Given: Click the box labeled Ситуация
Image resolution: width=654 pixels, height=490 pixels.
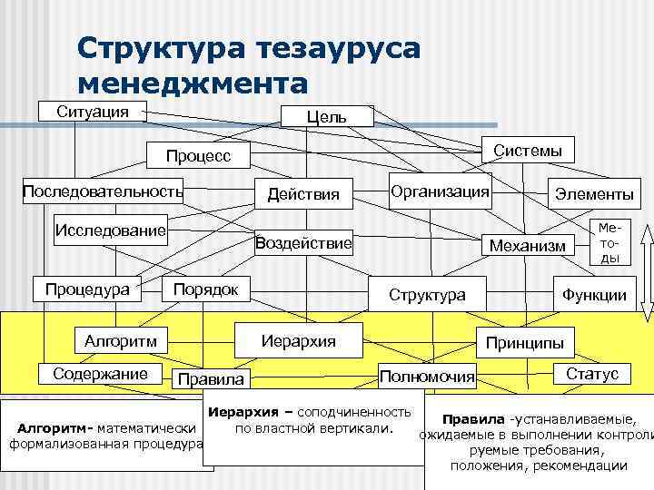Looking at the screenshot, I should point(93,112).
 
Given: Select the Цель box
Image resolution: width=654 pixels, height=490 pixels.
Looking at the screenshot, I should point(326,116).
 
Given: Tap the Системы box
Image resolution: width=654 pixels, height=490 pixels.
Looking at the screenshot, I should point(527,150).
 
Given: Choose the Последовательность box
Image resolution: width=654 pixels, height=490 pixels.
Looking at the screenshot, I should point(103,192).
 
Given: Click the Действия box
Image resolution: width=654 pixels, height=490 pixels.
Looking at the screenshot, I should point(303,193).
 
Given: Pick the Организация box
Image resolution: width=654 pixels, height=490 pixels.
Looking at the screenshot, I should point(440,191).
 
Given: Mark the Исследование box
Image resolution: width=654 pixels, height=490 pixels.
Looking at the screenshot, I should point(111,229).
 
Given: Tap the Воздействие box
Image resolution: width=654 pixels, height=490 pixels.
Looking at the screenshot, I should point(303,243).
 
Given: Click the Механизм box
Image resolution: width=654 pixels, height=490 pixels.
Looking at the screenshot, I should point(527,245).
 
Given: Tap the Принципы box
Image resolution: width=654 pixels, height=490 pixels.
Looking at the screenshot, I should point(524,343).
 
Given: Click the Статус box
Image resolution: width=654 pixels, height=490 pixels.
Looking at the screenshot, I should point(592,374).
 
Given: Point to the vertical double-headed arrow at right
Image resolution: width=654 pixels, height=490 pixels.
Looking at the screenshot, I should point(646,269).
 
